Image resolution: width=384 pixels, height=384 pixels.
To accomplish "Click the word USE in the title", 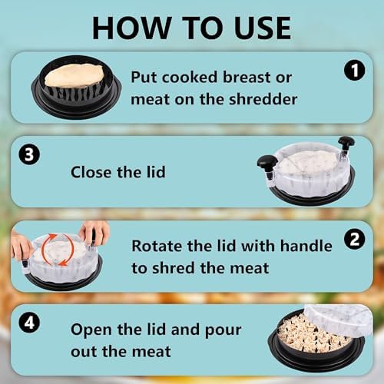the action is coord(263,28).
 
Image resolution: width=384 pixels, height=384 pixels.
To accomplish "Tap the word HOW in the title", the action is coord(131,28).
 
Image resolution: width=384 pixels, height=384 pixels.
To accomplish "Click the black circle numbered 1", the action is coord(355,71).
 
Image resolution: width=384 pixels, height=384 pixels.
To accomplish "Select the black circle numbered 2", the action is coord(355,239).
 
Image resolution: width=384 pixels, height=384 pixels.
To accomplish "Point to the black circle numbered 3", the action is coord(29,155).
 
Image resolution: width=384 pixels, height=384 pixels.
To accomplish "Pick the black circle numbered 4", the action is coord(29,323).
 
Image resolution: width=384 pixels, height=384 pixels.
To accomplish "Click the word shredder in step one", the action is coord(263,99).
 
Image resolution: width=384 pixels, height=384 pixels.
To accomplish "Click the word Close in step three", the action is coord(91,172).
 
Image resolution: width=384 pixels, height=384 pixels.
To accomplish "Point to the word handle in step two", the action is coord(306,246).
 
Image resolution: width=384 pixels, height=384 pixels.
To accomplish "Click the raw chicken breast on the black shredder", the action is coord(74,76).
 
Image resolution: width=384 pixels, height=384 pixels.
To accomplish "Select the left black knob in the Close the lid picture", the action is coord(267,163).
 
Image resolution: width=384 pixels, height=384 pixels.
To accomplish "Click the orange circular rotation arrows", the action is coord(58,250).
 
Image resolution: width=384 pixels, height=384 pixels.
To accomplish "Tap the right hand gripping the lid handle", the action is coord(94,233).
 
